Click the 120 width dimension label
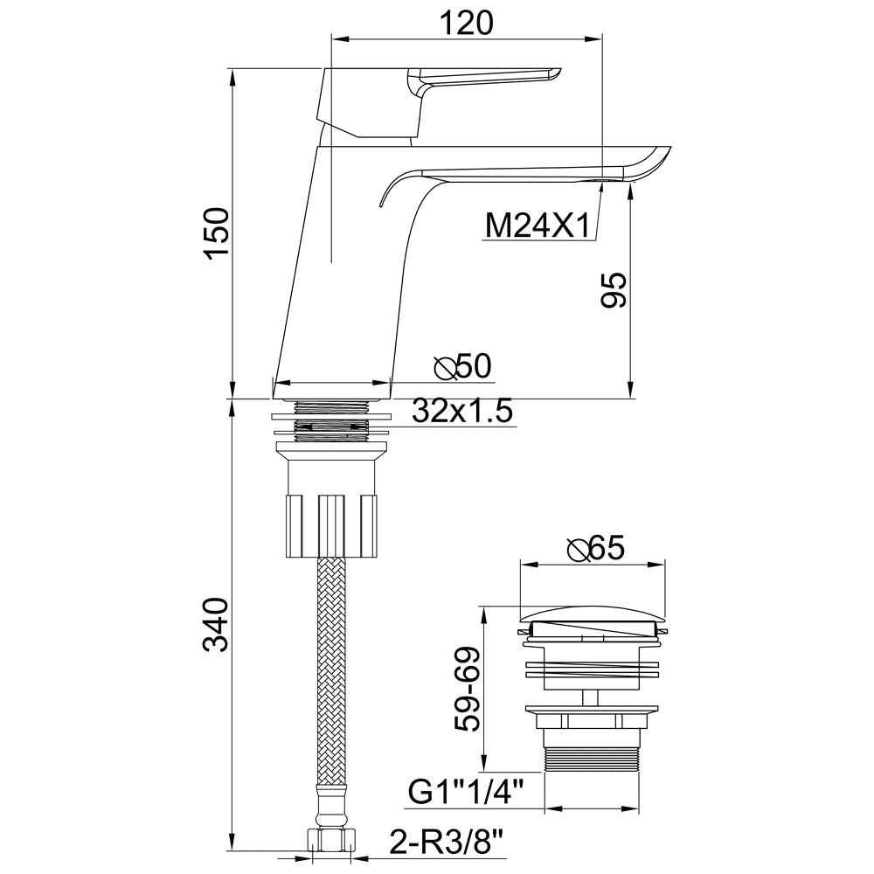point(467,23)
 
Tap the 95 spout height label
point(614,290)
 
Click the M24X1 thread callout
point(538,225)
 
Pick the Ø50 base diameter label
point(463,366)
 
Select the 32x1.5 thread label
point(462,412)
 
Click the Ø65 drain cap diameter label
point(596,549)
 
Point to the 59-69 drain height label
point(467,689)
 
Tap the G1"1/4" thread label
point(467,792)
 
